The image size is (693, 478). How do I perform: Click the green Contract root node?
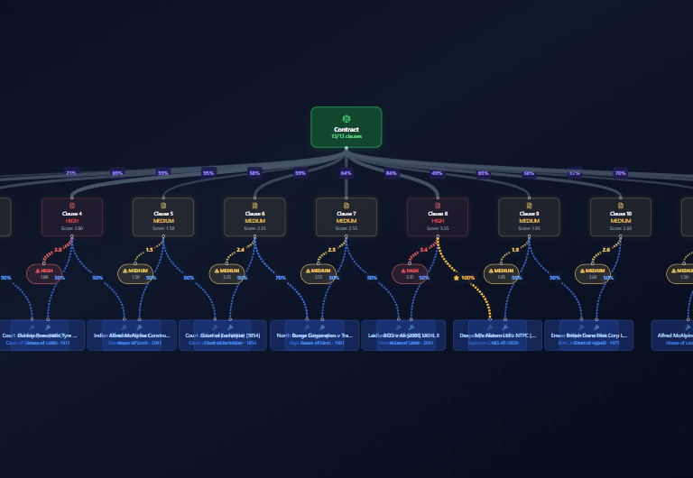pos(346,127)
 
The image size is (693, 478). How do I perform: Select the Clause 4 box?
pos(72,217)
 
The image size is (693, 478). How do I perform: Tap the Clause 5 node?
pos(163,217)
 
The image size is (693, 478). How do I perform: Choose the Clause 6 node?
pos(254,217)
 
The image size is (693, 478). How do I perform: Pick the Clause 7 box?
pos(346,217)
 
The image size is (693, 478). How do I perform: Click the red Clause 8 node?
pos(438,217)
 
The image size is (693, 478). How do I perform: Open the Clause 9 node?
pos(529,217)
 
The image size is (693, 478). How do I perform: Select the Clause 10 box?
pos(621,217)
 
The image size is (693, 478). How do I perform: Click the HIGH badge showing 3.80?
pos(44,273)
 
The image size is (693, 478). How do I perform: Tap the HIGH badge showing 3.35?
pos(411,273)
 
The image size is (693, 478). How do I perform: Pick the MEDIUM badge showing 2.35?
pos(227,273)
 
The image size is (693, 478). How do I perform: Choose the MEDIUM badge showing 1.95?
pos(502,273)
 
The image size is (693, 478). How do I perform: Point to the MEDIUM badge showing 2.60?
pos(593,273)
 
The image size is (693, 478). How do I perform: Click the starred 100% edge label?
pos(465,278)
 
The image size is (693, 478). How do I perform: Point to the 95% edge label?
pos(208,172)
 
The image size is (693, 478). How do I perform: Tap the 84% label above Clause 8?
pos(392,172)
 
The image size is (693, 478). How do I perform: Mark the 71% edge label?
pos(71,172)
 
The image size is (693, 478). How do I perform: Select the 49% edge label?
pos(438,172)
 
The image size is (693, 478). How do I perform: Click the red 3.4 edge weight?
pos(423,250)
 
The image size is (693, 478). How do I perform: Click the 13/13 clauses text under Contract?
pos(346,136)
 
